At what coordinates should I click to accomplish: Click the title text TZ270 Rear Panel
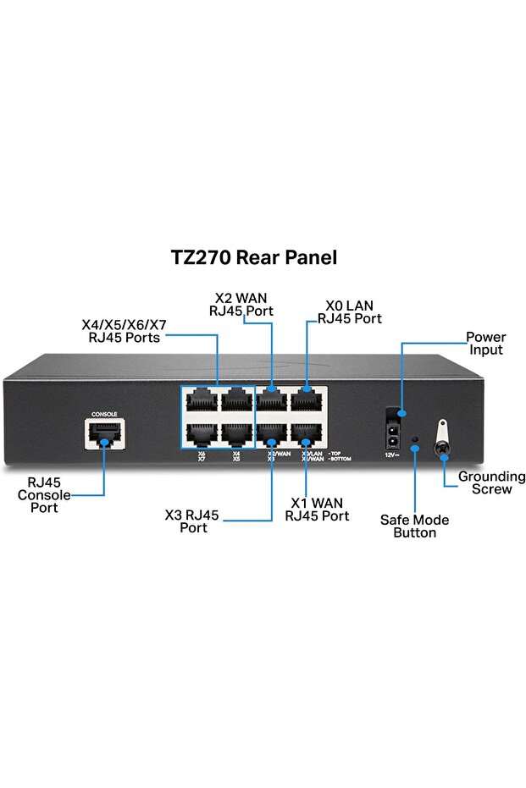pos(254,258)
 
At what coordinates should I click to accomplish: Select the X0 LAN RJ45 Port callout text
pos(349,312)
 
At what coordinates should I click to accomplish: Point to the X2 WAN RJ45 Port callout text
pos(241,303)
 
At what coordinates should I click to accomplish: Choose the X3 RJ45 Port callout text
pos(192,521)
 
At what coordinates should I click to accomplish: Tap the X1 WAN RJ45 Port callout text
pos(317,509)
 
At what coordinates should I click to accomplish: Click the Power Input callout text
pos(485,344)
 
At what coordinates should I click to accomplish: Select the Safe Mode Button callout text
pos(414,526)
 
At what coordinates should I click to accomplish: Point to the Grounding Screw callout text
pos(491,482)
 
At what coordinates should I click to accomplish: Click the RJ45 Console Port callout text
pos(44,495)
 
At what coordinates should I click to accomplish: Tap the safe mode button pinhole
pos(414,441)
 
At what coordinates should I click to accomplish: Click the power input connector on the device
pos(391,427)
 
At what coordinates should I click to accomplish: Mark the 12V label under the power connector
pos(390,455)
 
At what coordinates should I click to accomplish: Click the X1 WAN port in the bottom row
pos(307,434)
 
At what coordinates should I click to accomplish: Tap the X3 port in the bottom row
pos(272,434)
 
